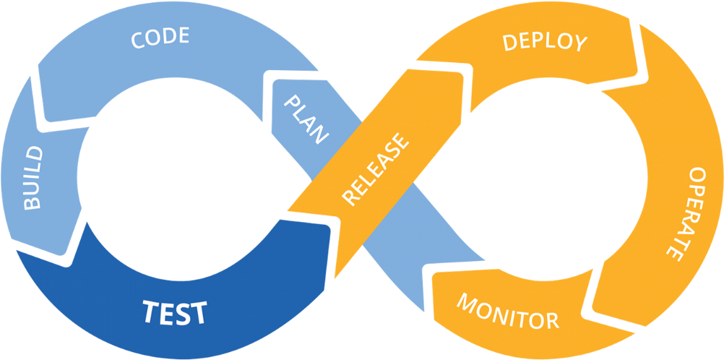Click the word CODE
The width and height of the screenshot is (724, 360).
pyautogui.click(x=160, y=38)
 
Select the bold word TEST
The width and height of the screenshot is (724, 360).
pyautogui.click(x=174, y=312)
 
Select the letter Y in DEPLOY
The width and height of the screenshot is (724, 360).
pyautogui.click(x=579, y=45)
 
